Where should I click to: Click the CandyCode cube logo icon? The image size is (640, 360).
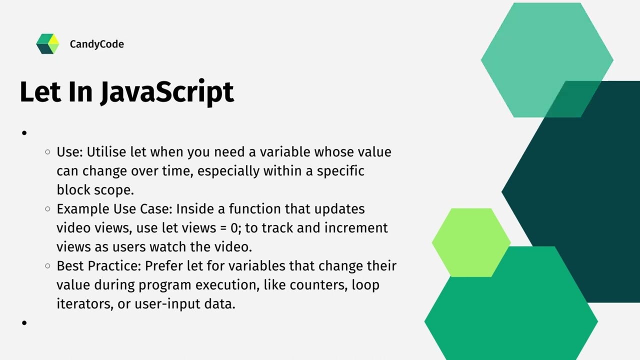pos(47,44)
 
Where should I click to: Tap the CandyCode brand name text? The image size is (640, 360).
pos(96,44)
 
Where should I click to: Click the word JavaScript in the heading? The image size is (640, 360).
pos(167,92)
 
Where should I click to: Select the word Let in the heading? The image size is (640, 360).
pos(39,92)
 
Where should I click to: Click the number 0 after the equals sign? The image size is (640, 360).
pos(234,228)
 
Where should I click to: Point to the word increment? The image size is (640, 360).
pos(356,228)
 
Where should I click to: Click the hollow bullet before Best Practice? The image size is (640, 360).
pos(47,266)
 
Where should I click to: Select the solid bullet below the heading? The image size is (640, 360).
pos(24,133)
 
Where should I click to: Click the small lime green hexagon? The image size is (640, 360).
pos(470,242)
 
